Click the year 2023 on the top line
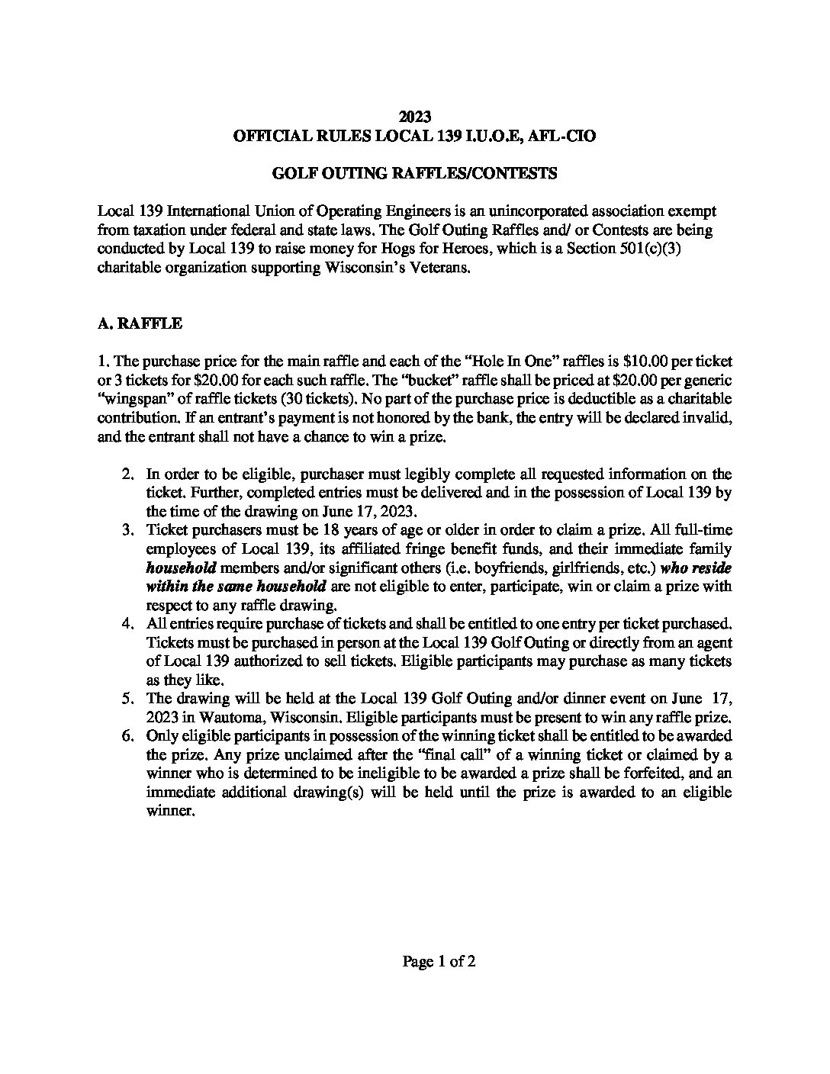pyautogui.click(x=415, y=117)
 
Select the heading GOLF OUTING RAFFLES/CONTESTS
pyautogui.click(x=415, y=173)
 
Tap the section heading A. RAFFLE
pyautogui.click(x=140, y=323)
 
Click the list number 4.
pyautogui.click(x=128, y=624)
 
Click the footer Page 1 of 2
pyautogui.click(x=439, y=961)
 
